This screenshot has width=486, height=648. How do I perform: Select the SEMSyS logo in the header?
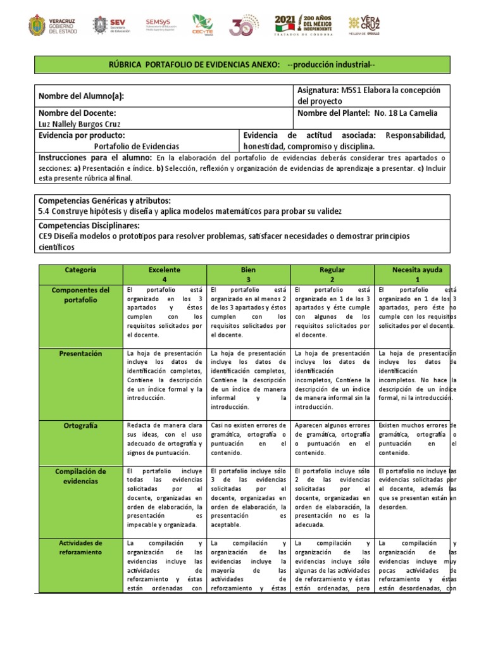tap(161, 25)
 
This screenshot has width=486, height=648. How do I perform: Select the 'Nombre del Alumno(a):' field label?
tap(82, 96)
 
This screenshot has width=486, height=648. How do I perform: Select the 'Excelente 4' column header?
tap(164, 274)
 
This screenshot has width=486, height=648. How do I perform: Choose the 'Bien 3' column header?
tap(249, 274)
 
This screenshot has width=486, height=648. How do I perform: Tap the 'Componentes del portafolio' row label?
tap(81, 295)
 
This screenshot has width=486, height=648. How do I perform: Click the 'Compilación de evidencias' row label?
tap(81, 476)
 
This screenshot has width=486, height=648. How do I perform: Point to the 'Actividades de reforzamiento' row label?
tap(81, 548)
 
